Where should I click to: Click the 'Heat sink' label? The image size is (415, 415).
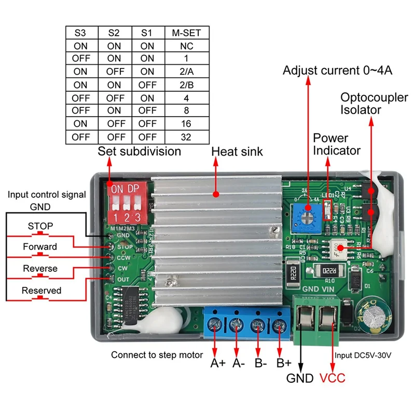pyautogui.click(x=237, y=151)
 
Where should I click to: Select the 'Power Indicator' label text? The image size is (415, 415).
pyautogui.click(x=337, y=144)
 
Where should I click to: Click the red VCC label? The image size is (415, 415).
pyautogui.click(x=332, y=378)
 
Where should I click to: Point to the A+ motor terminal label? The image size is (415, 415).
pyautogui.click(x=218, y=363)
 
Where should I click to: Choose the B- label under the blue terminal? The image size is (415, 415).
pyautogui.click(x=260, y=363)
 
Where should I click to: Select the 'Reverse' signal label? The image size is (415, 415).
pyautogui.click(x=40, y=269)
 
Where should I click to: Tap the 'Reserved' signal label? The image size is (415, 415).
pyautogui.click(x=41, y=290)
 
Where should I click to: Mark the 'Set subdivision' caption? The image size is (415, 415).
pyautogui.click(x=139, y=151)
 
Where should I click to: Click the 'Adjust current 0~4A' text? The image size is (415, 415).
pyautogui.click(x=337, y=70)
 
